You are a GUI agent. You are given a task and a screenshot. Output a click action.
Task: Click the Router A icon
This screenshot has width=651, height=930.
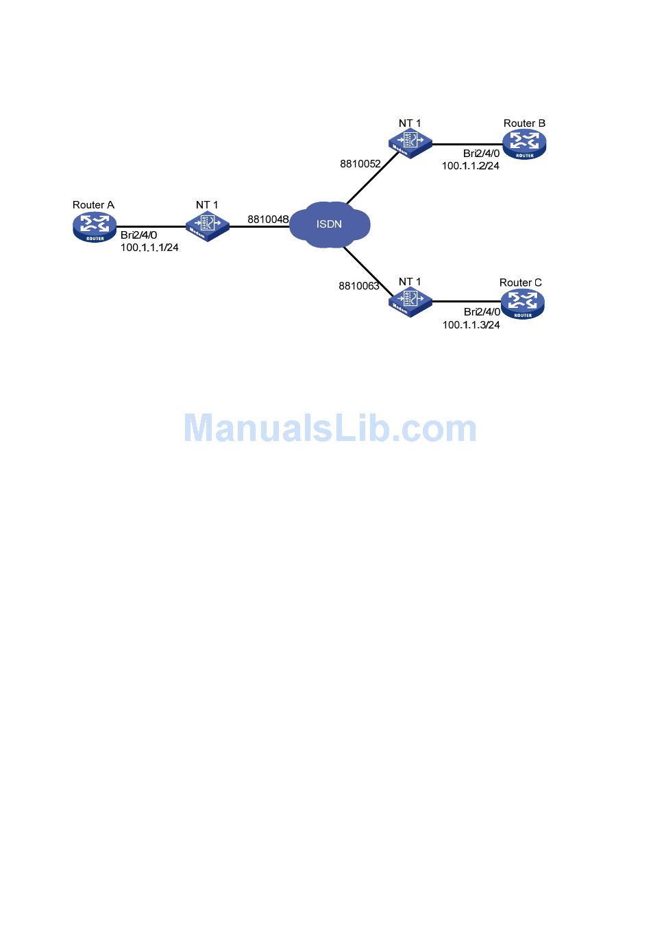tap(95, 227)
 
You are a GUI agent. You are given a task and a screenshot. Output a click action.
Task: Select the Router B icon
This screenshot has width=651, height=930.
tap(524, 145)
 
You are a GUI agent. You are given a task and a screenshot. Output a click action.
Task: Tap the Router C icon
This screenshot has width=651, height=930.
tap(522, 304)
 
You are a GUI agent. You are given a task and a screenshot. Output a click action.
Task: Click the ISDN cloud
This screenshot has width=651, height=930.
tap(330, 224)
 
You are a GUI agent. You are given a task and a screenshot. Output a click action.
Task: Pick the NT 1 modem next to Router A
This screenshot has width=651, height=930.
tap(207, 226)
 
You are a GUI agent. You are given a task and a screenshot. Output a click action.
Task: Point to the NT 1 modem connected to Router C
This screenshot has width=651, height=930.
tap(410, 302)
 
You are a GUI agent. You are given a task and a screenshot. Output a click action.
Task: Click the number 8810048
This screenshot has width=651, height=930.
tap(268, 219)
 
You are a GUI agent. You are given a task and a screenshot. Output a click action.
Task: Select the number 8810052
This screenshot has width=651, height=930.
tap(360, 164)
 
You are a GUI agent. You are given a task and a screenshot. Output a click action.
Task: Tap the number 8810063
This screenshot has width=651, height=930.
tap(359, 286)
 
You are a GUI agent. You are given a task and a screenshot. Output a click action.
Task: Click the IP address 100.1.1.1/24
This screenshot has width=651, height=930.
tap(149, 248)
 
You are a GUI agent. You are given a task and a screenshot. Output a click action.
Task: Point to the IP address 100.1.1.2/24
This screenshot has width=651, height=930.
tap(470, 166)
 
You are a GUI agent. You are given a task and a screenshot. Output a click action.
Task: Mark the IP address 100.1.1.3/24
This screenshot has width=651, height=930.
tap(471, 325)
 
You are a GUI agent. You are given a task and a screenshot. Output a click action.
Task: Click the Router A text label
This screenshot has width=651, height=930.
tap(93, 205)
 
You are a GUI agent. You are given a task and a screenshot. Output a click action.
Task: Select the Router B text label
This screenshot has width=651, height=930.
tap(524, 123)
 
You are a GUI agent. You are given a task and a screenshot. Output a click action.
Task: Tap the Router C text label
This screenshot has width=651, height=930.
tap(520, 283)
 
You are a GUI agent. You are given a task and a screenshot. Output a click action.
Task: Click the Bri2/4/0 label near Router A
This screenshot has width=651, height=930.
tap(138, 235)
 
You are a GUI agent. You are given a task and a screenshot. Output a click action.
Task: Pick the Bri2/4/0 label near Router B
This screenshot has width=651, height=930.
tap(481, 154)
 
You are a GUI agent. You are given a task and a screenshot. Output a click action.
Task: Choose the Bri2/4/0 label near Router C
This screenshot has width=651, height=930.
tap(482, 312)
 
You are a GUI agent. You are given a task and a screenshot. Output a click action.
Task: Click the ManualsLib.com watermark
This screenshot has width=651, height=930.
tap(330, 428)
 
